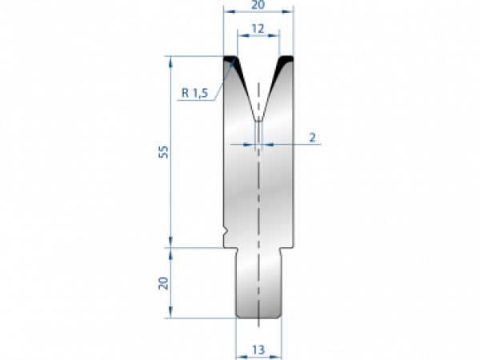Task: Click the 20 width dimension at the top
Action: click(x=258, y=5)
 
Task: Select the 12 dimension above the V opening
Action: click(x=258, y=28)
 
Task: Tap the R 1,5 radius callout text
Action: click(x=194, y=94)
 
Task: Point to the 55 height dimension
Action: click(x=163, y=152)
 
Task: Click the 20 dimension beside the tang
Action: click(x=163, y=282)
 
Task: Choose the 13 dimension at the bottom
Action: click(x=258, y=349)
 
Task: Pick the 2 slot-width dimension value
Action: click(x=313, y=138)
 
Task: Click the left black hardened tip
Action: click(x=231, y=61)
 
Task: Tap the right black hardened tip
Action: click(x=285, y=61)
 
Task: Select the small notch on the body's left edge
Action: click(x=226, y=233)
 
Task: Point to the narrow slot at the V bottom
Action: click(x=258, y=132)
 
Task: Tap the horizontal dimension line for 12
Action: click(x=258, y=36)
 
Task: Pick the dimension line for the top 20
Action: click(x=258, y=14)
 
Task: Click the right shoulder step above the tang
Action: click(x=287, y=248)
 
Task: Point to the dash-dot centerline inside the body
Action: click(x=258, y=200)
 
